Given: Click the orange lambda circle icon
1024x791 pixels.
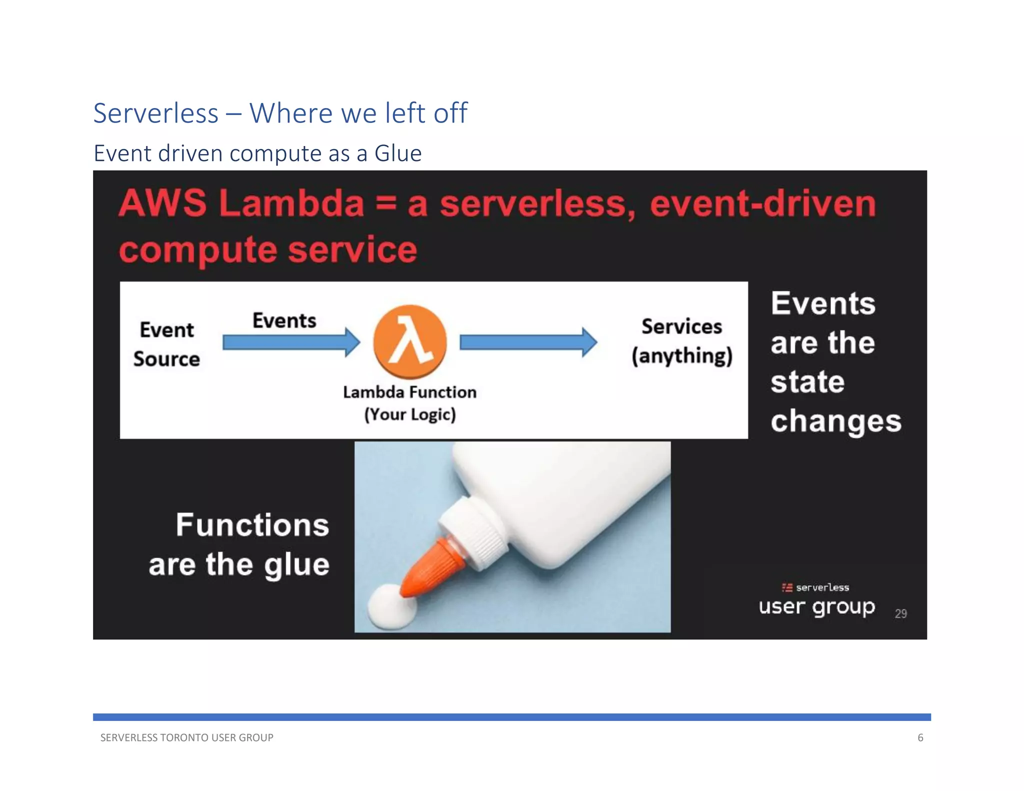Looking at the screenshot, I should coord(409,341).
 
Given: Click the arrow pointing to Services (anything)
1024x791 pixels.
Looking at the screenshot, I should coord(528,342).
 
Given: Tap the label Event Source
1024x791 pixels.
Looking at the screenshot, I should coord(166,344).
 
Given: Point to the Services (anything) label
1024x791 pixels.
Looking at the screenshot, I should coord(681,341).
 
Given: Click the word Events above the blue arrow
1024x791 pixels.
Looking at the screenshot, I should coord(284,320).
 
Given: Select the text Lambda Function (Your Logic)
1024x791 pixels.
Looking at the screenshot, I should coord(409,403).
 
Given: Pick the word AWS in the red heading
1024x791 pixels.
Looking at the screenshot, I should coord(162,203).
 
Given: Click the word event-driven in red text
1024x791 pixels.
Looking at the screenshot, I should coord(762,203).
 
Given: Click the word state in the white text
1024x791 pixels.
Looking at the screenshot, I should coord(807,382).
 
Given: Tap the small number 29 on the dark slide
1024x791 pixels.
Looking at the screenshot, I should coord(900,613).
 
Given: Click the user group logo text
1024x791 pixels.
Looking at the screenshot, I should coord(816,606).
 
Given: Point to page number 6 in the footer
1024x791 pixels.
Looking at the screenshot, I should coord(920,737).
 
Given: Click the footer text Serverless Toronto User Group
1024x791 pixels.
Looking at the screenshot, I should coord(186,737).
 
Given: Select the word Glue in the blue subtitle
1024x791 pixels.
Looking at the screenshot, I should coord(398,153).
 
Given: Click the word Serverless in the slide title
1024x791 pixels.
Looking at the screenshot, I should coord(156,113).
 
